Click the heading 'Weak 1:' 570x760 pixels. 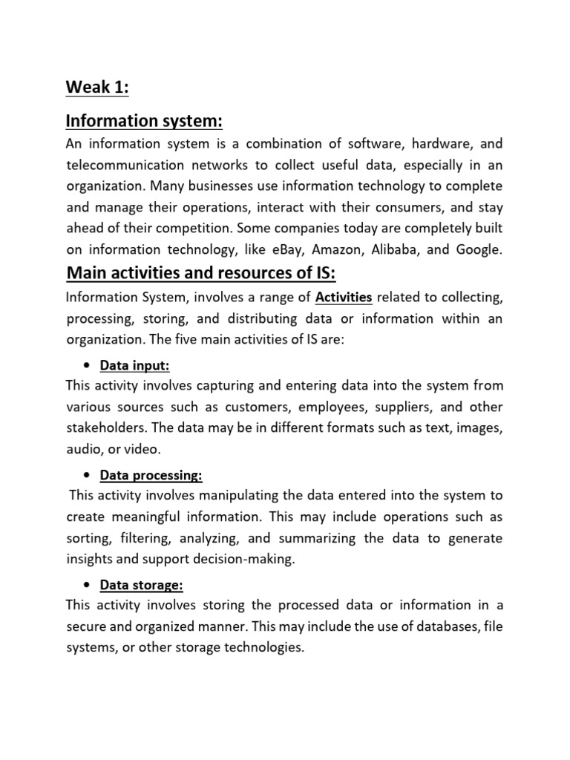click(97, 88)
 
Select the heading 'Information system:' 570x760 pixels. click(145, 120)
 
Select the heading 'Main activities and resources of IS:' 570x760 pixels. click(201, 274)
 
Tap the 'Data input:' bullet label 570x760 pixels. click(135, 365)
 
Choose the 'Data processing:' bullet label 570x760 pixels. click(151, 474)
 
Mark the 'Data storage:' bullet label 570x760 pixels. click(141, 584)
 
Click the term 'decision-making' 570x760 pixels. click(250, 560)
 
